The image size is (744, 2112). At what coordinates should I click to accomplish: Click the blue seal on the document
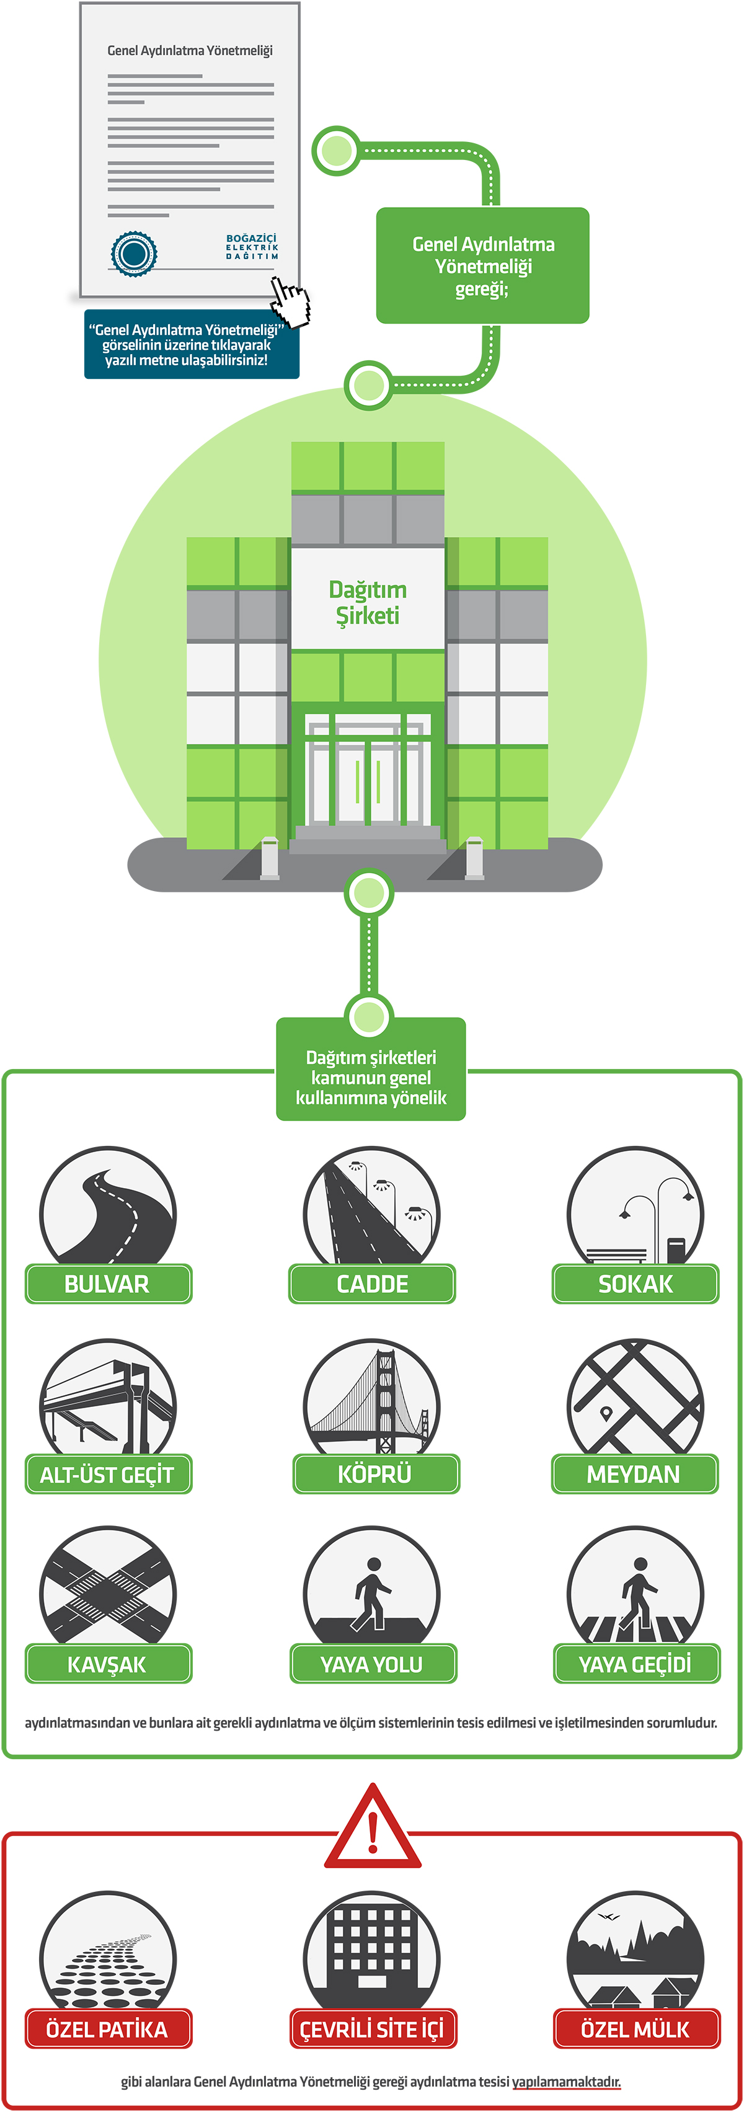click(x=133, y=254)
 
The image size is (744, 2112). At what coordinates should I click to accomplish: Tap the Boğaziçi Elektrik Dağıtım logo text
click(x=252, y=247)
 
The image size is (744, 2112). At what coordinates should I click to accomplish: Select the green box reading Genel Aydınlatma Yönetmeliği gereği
click(x=482, y=265)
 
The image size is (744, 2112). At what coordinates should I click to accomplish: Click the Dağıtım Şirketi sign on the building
click(x=368, y=603)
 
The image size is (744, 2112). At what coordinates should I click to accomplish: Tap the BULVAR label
click(x=107, y=1284)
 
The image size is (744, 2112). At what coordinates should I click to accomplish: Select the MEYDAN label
click(x=634, y=1474)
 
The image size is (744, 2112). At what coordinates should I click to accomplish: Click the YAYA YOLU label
click(x=372, y=1664)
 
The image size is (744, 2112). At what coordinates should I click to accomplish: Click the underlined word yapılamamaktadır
click(x=566, y=2081)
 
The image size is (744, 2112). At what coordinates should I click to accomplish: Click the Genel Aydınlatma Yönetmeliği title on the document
click(x=190, y=51)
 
